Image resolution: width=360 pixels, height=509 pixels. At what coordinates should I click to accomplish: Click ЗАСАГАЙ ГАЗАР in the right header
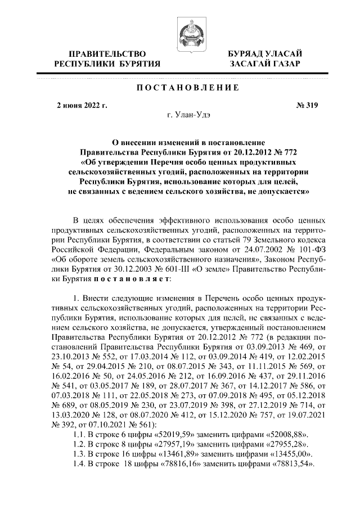[x=264, y=64]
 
